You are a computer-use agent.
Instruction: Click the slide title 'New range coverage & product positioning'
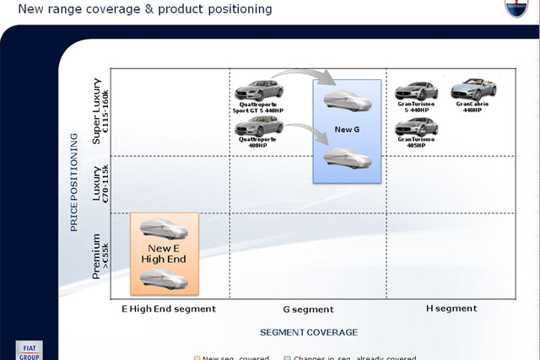pyautogui.click(x=139, y=9)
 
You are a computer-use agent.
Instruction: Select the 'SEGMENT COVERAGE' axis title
pyautogui.click(x=308, y=332)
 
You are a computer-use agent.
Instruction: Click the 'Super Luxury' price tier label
pyautogui.click(x=100, y=111)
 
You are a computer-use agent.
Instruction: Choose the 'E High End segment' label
pyautogui.click(x=169, y=309)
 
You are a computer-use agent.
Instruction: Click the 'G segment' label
pyautogui.click(x=308, y=309)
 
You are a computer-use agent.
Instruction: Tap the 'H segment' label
pyautogui.click(x=451, y=309)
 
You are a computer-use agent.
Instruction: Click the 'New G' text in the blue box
pyautogui.click(x=347, y=130)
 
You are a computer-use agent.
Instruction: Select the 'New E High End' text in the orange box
pyautogui.click(x=165, y=254)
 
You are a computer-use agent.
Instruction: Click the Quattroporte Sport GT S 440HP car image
pyautogui.click(x=258, y=91)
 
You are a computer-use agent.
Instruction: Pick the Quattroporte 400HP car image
pyautogui.click(x=259, y=126)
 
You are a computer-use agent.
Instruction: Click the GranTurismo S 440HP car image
pyautogui.click(x=416, y=91)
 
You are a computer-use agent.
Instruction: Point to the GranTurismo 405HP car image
pyautogui.click(x=416, y=127)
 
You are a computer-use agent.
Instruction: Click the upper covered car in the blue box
pyautogui.click(x=346, y=102)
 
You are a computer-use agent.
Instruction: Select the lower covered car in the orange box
pyautogui.click(x=165, y=278)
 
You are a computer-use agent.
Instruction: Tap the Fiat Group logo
pyautogui.click(x=28, y=351)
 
